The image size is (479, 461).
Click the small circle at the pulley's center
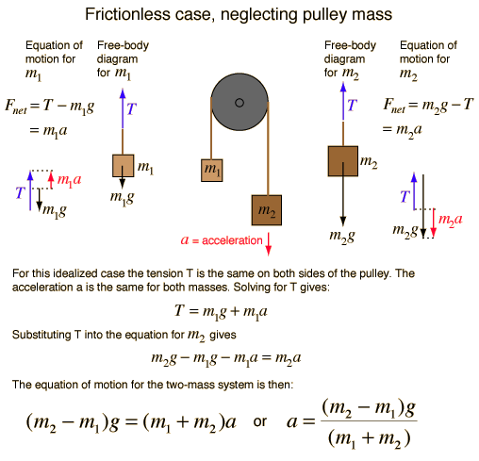coord(239,103)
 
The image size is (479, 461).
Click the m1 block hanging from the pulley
coord(212,171)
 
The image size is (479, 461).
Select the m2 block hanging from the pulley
coord(267,210)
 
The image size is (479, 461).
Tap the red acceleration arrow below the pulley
coord(268,244)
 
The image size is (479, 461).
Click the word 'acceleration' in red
coord(232,240)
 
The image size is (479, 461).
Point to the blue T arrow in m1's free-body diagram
coord(123,108)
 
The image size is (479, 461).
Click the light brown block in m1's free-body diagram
coord(124,166)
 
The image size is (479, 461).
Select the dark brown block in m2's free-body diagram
coord(343,161)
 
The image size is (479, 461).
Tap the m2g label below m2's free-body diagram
coord(342,236)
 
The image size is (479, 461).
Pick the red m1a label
coord(69,181)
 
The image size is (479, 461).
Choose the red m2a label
coord(451,220)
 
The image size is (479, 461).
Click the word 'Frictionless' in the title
coord(126,14)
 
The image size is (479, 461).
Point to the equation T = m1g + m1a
coord(221,312)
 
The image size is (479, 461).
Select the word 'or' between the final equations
coord(260,422)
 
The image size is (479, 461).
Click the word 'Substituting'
coord(41,335)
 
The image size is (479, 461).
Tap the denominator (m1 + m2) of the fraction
coord(369,438)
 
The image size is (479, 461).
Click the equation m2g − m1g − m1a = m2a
coord(226,359)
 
